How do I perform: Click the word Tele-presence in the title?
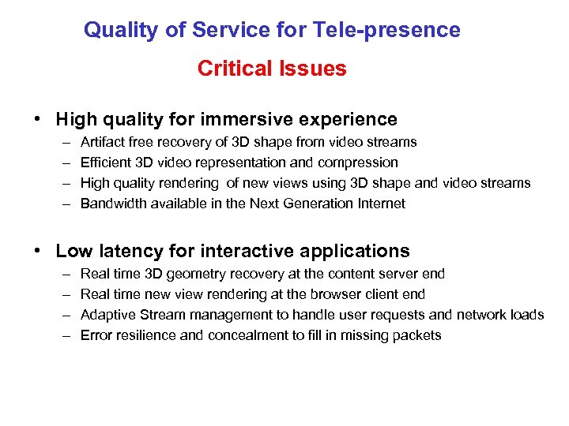coord(387,30)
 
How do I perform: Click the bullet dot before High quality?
coord(38,120)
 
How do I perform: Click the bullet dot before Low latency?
coord(38,252)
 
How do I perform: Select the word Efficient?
coord(105,163)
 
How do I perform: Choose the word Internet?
coord(380,204)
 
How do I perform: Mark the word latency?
coord(127,252)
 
